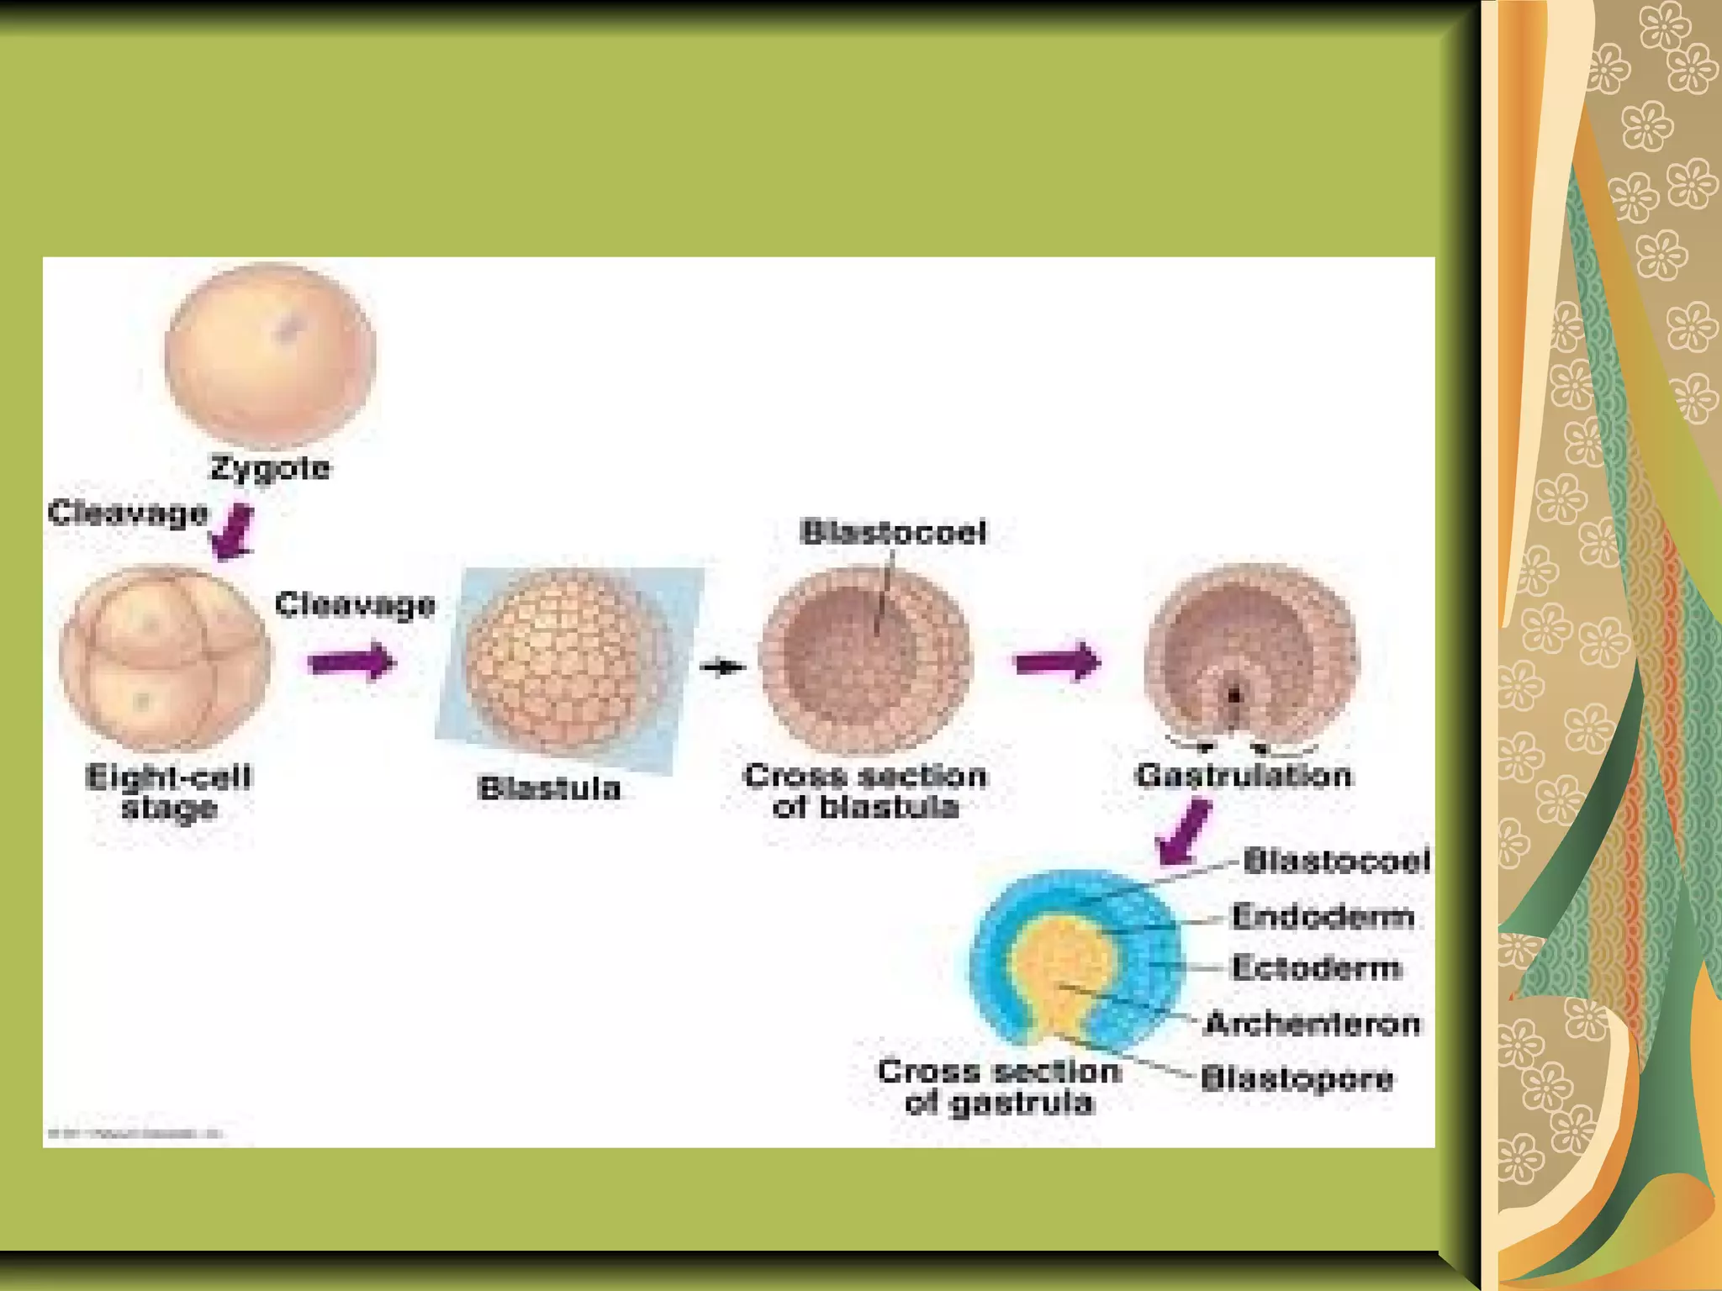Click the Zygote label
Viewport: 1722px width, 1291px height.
270,468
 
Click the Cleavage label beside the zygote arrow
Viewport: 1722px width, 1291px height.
128,513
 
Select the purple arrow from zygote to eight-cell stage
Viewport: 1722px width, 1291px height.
232,532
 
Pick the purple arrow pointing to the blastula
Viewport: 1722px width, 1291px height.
351,662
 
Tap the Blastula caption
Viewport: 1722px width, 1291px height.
549,788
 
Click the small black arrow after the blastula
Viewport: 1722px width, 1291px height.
722,667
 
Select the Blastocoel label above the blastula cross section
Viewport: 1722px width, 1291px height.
893,532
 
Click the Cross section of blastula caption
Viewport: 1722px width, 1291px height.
865,791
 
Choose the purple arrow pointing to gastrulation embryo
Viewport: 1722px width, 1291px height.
1058,661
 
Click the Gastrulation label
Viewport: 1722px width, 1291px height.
1244,775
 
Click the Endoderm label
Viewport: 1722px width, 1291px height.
1323,916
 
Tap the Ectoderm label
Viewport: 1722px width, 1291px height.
1317,968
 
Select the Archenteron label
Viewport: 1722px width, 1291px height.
1313,1024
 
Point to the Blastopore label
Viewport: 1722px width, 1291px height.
1297,1078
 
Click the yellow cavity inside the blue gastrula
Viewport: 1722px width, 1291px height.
1059,967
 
